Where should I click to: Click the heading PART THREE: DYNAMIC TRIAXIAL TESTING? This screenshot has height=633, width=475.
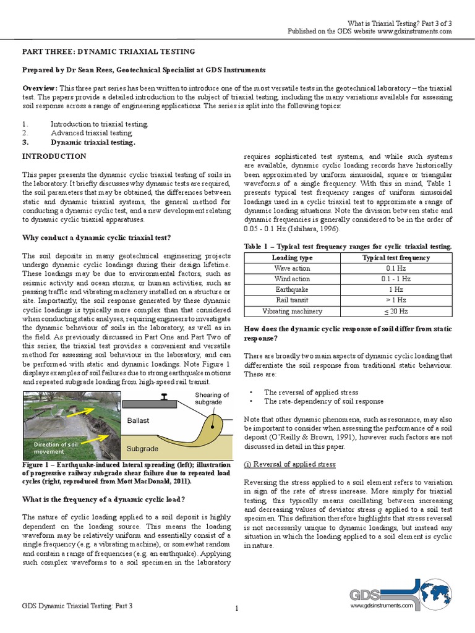click(x=109, y=51)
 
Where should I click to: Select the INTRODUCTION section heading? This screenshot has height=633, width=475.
click(x=54, y=156)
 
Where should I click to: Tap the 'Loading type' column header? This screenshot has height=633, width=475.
click(x=293, y=257)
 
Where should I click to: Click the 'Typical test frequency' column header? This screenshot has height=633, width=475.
click(x=396, y=257)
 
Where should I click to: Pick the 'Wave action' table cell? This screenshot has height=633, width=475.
click(x=293, y=268)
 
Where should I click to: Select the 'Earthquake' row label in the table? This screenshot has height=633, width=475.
click(x=293, y=289)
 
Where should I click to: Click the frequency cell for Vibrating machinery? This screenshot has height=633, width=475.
click(x=396, y=311)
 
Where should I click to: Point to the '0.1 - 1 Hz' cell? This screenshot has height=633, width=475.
click(x=396, y=279)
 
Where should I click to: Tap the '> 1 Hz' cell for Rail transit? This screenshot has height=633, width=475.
click(x=396, y=300)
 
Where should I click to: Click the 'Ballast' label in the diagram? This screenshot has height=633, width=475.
click(x=139, y=420)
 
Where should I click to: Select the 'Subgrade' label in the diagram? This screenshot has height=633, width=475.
click(x=142, y=448)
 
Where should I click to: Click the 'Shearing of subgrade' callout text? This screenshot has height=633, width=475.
click(x=212, y=399)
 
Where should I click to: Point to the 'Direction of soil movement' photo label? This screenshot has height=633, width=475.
click(x=56, y=448)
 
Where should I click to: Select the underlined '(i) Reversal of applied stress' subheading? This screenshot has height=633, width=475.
click(x=290, y=464)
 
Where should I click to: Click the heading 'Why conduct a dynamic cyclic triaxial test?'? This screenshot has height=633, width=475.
click(x=96, y=237)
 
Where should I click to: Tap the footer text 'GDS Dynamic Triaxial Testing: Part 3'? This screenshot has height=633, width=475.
click(x=77, y=606)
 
